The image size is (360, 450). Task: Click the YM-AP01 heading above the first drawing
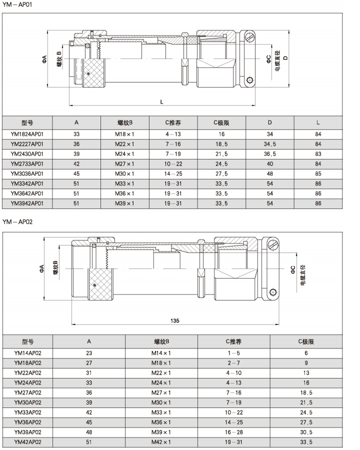pos(17,4)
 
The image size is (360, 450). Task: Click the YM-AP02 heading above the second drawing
pos(17,221)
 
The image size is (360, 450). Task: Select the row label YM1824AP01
pos(27,134)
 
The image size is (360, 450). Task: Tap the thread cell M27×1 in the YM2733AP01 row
pos(124,163)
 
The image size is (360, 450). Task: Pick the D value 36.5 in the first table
pos(269,154)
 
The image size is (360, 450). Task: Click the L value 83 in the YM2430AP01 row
pos(318,154)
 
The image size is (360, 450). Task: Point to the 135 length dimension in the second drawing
pos(175,320)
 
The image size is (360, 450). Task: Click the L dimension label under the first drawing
pos(161,101)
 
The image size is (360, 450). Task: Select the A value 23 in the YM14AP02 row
pos(89,353)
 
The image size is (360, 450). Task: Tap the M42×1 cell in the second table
pos(161,442)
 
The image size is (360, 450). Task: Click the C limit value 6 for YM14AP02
pos(306,353)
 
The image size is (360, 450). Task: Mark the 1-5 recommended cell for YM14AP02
pos(233,353)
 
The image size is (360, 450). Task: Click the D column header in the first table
pos(269,122)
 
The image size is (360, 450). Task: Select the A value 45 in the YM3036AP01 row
pos(76,173)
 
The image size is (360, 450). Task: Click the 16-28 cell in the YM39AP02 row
pos(233,432)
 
